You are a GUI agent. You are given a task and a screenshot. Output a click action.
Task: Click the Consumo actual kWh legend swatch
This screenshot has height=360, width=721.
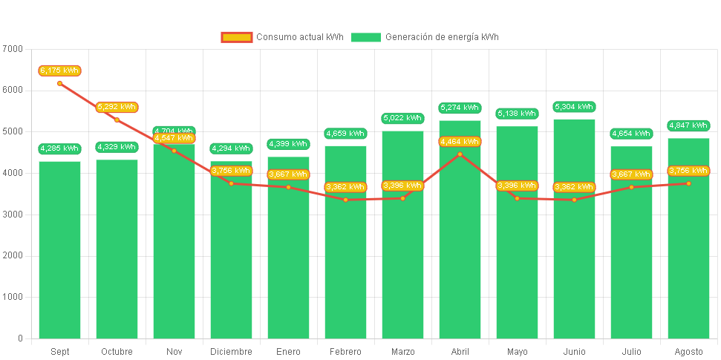pyautogui.click(x=237, y=37)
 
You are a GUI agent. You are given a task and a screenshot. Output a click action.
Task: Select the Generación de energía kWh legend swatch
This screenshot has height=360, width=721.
pyautogui.click(x=365, y=37)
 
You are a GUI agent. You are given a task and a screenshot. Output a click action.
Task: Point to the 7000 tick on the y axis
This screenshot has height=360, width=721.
pyautogui.click(x=13, y=49)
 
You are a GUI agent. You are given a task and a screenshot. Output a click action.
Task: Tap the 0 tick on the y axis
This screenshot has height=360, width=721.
pyautogui.click(x=20, y=338)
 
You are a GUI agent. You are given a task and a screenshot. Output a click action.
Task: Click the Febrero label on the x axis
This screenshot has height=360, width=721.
pyautogui.click(x=345, y=352)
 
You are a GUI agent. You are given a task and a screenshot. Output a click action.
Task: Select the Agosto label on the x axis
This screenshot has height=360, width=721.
pyautogui.click(x=688, y=352)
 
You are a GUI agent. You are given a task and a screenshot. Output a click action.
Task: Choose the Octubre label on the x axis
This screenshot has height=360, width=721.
pyautogui.click(x=117, y=352)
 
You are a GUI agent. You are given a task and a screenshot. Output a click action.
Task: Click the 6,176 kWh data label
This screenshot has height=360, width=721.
pyautogui.click(x=59, y=71)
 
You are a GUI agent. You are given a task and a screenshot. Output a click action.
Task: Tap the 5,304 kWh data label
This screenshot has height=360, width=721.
pyautogui.click(x=574, y=107)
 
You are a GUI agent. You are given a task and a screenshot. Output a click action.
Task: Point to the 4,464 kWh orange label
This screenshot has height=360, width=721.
pyautogui.click(x=460, y=141)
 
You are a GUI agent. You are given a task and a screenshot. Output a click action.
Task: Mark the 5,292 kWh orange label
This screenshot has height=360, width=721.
pyautogui.click(x=117, y=107)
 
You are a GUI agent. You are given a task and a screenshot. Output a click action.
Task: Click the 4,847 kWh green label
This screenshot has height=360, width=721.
pyautogui.click(x=688, y=125)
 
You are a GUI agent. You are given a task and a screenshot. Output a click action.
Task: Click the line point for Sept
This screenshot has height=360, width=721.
pyautogui.click(x=59, y=83)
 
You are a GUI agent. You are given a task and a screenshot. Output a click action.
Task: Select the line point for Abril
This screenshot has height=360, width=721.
pyautogui.click(x=460, y=154)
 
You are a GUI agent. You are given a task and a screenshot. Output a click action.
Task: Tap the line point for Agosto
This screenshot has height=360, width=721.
pyautogui.click(x=688, y=183)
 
